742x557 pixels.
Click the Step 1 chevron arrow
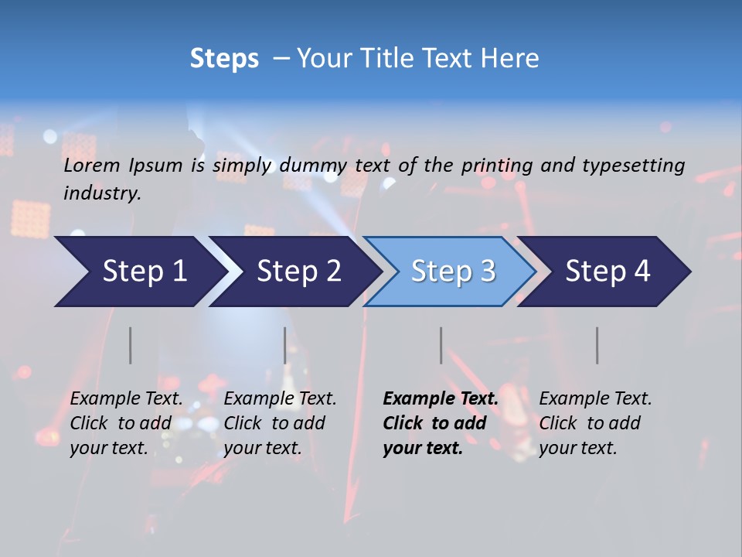(x=139, y=272)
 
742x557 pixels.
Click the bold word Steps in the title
(x=224, y=59)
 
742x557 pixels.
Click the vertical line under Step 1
(x=130, y=345)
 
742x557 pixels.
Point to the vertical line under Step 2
(x=284, y=345)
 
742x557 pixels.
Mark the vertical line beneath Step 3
(x=441, y=345)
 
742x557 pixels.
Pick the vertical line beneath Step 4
(x=597, y=345)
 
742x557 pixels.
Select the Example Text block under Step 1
(x=125, y=423)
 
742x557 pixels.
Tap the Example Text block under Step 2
(x=279, y=423)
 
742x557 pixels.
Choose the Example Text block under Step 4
(x=594, y=423)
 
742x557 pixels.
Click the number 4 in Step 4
(x=642, y=272)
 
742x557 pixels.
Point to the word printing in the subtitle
(x=497, y=166)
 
